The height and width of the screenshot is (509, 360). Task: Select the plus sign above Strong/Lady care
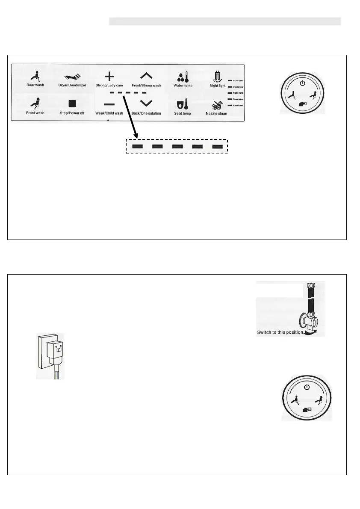(109, 77)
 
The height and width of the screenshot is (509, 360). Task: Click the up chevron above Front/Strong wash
(146, 76)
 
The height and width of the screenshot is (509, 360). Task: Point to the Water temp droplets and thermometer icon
(182, 77)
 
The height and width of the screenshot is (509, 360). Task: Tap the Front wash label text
(35, 113)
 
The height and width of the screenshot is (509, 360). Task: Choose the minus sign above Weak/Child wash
(109, 104)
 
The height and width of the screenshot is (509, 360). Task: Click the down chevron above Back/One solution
(146, 103)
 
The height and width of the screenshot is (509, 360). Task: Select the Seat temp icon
(182, 104)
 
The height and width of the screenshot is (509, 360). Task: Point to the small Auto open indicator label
(238, 80)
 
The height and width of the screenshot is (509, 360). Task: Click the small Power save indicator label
(238, 99)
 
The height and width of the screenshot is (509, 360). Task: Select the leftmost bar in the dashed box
(137, 147)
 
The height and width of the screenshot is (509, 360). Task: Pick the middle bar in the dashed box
(177, 147)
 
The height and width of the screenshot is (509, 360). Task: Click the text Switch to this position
(280, 332)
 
